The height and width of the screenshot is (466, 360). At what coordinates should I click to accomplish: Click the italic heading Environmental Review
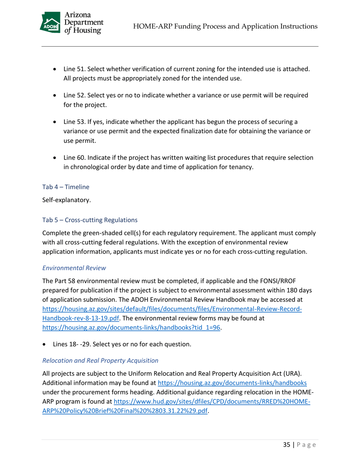(74, 267)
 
